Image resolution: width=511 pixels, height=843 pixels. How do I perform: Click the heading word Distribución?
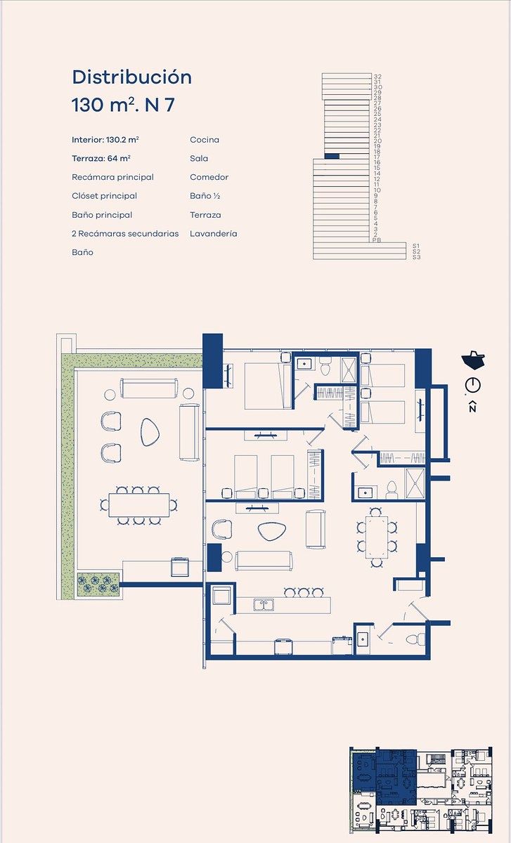132,77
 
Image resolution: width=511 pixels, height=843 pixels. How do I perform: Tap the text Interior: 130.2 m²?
105,140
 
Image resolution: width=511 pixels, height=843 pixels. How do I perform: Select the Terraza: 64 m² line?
101,159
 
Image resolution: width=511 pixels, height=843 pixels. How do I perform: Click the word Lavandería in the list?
214,234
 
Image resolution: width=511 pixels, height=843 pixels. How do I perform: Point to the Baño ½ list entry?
205,196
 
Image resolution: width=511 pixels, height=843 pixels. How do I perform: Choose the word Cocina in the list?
205,140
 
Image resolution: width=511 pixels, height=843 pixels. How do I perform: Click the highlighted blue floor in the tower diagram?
332,156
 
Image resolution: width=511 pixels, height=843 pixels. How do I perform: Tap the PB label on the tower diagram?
377,240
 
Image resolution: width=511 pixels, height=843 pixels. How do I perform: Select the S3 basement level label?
416,257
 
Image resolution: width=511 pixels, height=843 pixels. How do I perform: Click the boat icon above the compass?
473,359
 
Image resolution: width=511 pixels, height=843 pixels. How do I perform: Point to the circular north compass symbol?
473,386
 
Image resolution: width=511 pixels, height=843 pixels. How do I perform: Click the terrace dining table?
139,505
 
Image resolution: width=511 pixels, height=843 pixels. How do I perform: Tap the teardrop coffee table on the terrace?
150,432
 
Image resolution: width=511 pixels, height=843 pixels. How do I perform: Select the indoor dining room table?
377,537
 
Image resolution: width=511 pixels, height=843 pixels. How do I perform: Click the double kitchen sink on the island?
264,605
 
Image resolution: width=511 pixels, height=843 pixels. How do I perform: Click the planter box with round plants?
98,584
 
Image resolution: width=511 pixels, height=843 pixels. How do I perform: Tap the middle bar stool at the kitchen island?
304,593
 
